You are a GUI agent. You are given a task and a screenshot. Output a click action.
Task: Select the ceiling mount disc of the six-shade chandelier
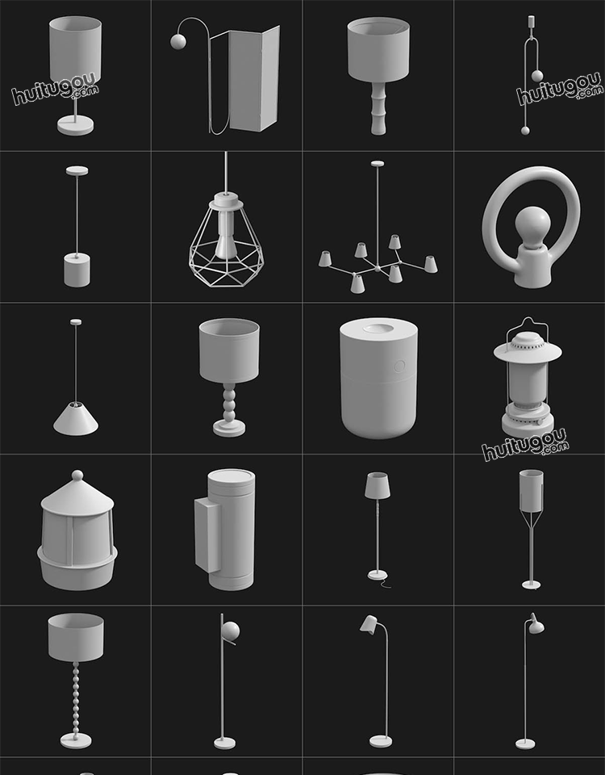378,164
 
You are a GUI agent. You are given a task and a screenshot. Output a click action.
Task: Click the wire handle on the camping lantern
528,326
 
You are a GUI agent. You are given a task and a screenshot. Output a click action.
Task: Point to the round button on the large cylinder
399,367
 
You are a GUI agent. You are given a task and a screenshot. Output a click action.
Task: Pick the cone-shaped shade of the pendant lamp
76,419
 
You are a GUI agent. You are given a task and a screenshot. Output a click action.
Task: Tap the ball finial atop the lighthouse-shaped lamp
77,475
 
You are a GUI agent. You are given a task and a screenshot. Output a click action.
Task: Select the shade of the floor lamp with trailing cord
378,485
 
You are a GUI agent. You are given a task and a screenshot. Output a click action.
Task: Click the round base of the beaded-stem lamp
76,740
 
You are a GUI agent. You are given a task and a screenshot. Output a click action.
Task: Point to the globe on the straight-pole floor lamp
230,631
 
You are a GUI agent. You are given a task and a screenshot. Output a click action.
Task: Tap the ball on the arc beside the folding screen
178,41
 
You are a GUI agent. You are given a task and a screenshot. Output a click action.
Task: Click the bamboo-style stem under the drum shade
378,107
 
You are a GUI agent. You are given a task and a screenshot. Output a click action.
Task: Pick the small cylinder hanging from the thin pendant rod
77,270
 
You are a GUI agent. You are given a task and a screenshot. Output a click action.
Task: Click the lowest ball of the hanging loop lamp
525,131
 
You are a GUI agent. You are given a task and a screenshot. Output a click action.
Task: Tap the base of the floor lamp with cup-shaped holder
532,585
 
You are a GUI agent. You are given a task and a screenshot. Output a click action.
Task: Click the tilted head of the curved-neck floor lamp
369,624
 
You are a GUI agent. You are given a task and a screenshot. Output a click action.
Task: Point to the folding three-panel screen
245,79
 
